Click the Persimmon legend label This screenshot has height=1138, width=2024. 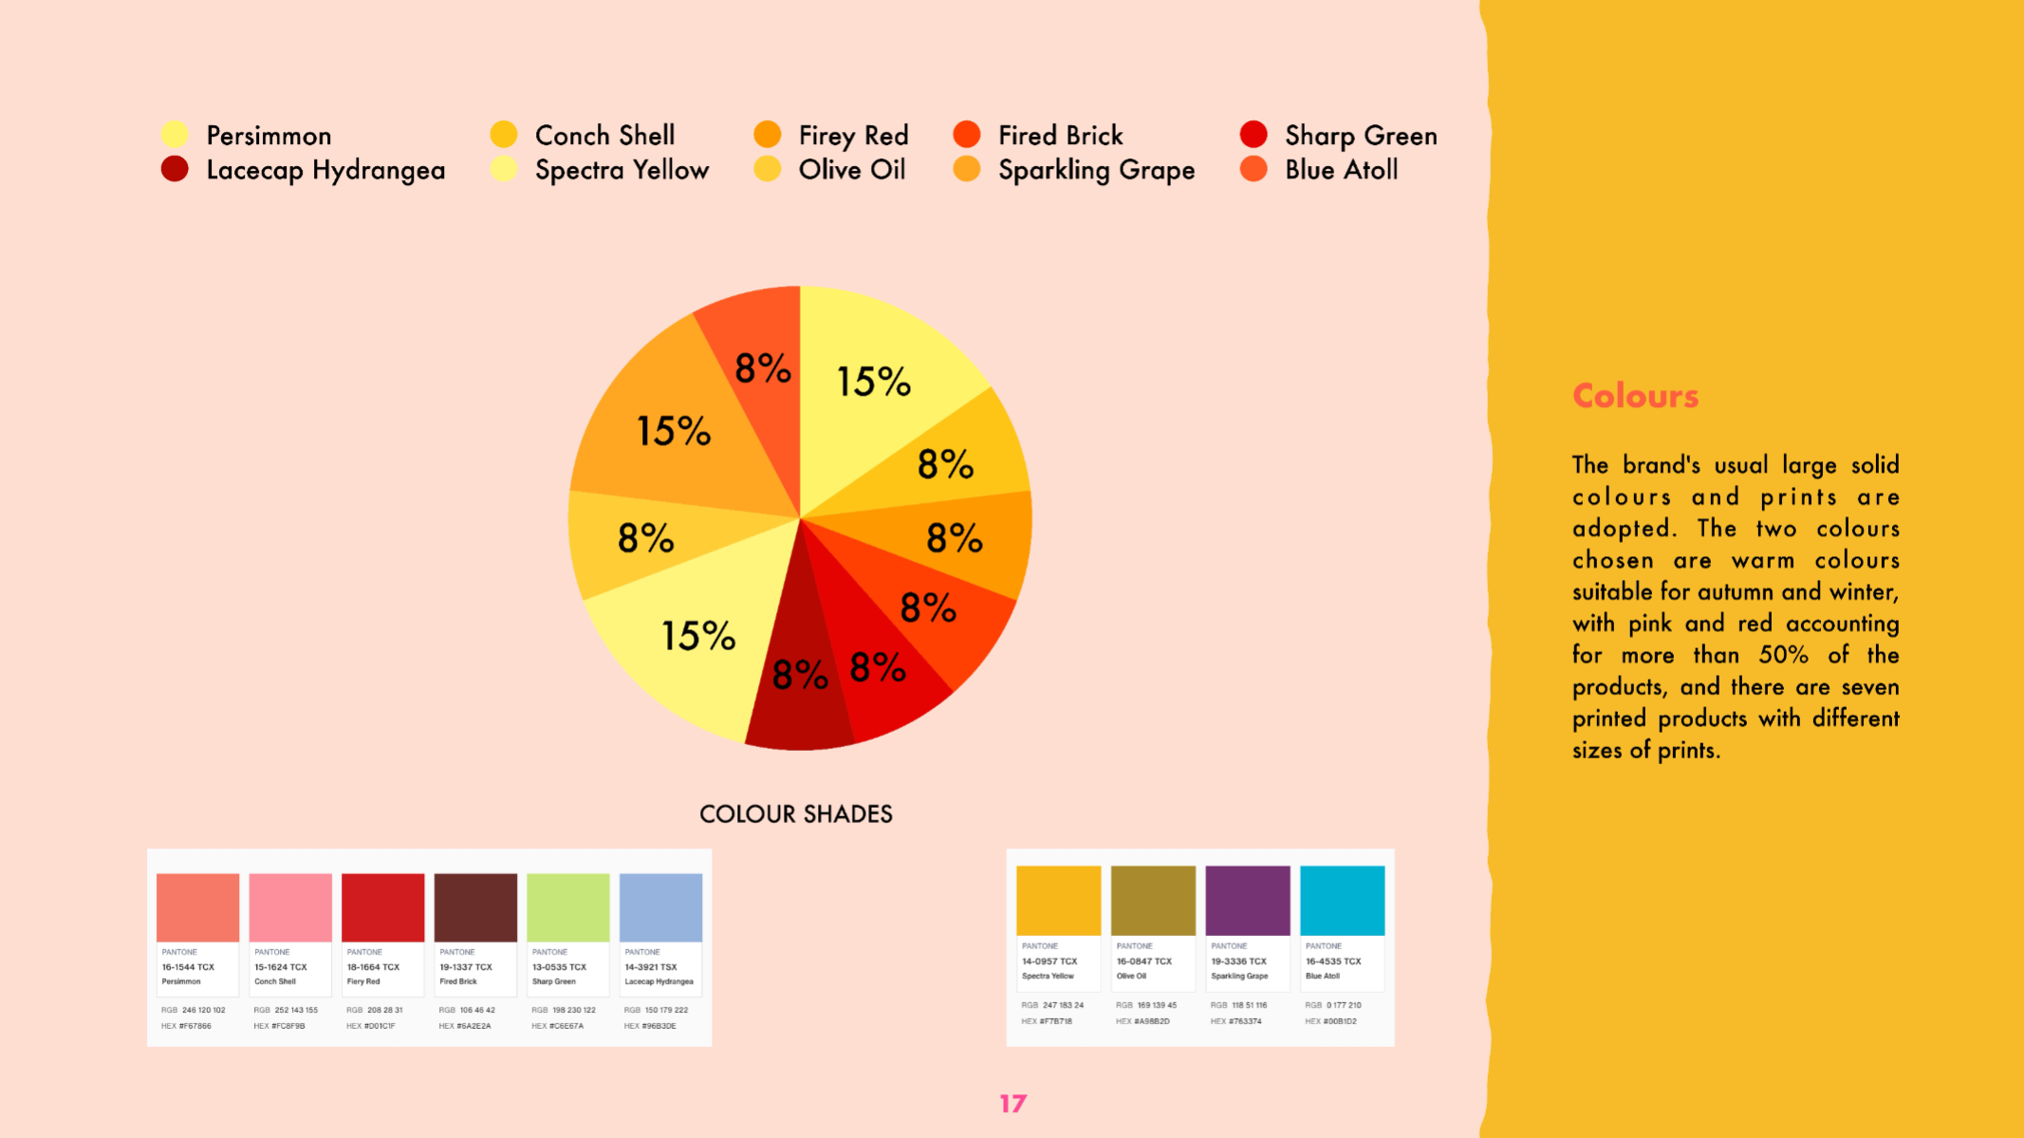click(269, 136)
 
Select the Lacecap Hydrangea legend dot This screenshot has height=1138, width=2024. click(175, 169)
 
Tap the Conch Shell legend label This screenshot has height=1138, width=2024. click(604, 136)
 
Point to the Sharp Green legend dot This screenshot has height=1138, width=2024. click(1253, 135)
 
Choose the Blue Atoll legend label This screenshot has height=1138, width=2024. click(1341, 170)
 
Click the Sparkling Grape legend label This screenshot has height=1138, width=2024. click(1096, 171)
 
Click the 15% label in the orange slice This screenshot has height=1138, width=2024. click(673, 432)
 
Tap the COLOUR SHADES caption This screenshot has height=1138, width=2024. click(795, 814)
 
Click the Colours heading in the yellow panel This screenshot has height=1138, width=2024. click(1635, 396)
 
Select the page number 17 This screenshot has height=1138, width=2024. click(1012, 1103)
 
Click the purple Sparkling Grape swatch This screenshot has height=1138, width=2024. click(1247, 900)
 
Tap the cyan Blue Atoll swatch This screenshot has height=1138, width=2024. click(1342, 900)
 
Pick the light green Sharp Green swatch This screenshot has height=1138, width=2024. click(567, 907)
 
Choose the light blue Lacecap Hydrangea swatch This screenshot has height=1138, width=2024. click(660, 907)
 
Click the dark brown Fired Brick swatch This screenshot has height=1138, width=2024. click(475, 907)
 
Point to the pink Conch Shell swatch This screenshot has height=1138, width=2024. click(290, 907)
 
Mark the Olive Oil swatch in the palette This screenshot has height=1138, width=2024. click(1153, 900)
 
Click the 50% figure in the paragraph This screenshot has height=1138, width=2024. click(1783, 655)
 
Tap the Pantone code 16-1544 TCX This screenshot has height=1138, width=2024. click(188, 967)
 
